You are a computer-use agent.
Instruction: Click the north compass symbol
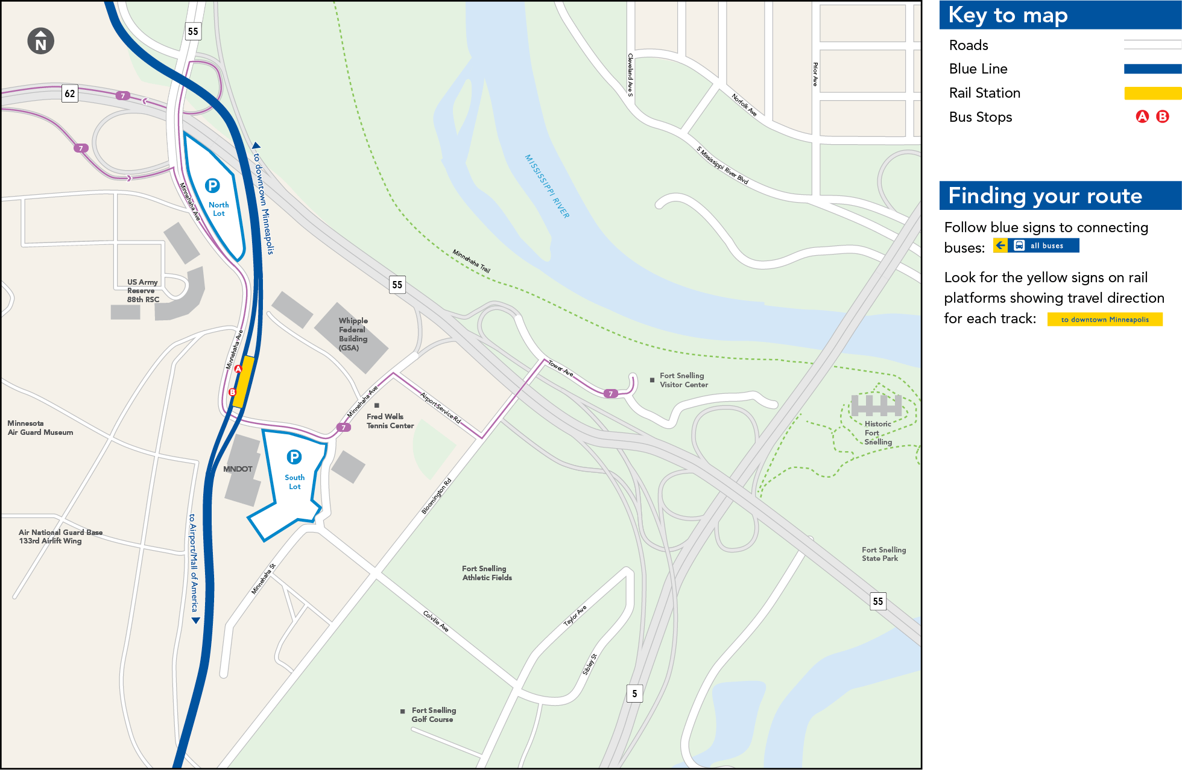[x=41, y=42]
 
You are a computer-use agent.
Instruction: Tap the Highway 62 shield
[x=70, y=93]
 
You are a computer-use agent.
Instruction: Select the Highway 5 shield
[x=634, y=694]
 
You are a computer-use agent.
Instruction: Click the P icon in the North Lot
[x=212, y=186]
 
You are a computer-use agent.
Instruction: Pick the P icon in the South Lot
[x=294, y=457]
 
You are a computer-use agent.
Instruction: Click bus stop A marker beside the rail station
[x=238, y=369]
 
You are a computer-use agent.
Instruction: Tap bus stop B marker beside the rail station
[x=232, y=392]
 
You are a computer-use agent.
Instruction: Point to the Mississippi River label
[x=547, y=186]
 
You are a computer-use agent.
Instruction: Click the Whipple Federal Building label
[x=353, y=334]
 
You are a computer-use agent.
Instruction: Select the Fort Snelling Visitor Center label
[x=683, y=380]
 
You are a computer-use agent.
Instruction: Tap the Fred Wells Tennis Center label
[x=390, y=421]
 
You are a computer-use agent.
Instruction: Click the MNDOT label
[x=238, y=469]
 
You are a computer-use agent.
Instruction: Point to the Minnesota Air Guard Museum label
[x=40, y=428]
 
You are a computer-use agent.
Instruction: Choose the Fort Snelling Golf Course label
[x=434, y=715]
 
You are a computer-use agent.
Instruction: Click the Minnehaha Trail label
[x=472, y=261]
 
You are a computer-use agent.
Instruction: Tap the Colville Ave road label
[x=436, y=621]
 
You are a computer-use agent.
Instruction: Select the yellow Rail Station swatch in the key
[x=1152, y=93]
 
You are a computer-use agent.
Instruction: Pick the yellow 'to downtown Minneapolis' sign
[x=1105, y=320]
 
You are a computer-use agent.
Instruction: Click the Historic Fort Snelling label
[x=877, y=432]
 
